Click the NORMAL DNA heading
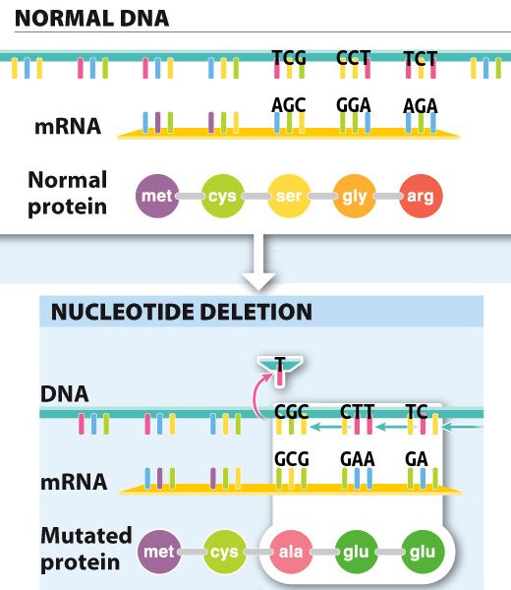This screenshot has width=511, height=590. pos(92,18)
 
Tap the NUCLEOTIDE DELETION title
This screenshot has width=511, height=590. pos(182,312)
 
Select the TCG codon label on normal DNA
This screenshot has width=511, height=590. pos(289,58)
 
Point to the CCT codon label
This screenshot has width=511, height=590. pos(354,58)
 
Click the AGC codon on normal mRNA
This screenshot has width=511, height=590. pos(289,105)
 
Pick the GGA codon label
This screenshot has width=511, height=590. pos(354,105)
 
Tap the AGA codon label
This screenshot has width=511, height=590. pos(420,106)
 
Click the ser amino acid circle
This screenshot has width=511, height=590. pos(289,196)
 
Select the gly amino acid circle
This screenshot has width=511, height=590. pos(355,196)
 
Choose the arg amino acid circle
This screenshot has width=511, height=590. pos(421,196)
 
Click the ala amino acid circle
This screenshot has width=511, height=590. pos(291,552)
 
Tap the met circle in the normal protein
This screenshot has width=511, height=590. pos(157,196)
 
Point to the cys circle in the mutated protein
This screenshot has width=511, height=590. pos(224,552)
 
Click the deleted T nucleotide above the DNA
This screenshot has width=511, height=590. pos(280,370)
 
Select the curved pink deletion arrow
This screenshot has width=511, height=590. pos(258,395)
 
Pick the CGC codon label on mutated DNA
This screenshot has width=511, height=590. pos(292,412)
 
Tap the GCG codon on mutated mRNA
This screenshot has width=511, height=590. pos(292,459)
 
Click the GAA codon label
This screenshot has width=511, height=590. pos(358,459)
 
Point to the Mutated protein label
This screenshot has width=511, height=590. pos(86,549)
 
